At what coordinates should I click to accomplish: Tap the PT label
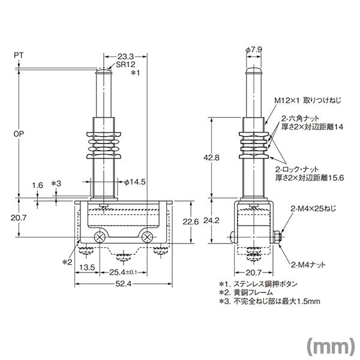[18, 55]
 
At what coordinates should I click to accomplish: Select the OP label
[18, 134]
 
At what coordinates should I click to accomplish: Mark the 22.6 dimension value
[190, 222]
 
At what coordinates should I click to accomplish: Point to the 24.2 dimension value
[206, 220]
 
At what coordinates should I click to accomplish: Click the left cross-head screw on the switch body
[100, 237]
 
